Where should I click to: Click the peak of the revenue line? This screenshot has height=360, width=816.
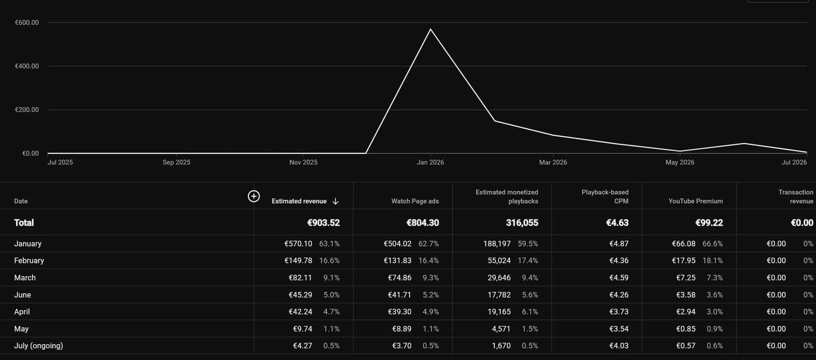click(x=431, y=29)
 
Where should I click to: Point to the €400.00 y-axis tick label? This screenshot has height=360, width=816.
click(x=27, y=66)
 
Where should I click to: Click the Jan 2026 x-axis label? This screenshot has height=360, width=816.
click(x=430, y=162)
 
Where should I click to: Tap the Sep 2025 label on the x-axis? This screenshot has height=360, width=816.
click(x=176, y=162)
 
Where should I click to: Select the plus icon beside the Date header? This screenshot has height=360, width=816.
click(x=254, y=196)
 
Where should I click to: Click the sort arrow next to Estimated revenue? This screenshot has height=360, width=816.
click(x=335, y=201)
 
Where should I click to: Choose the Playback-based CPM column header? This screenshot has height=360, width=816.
click(x=605, y=196)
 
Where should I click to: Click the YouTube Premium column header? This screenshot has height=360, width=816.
click(x=695, y=201)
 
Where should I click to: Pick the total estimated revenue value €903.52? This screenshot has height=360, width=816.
click(x=323, y=223)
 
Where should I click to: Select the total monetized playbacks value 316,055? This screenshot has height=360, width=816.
click(x=522, y=223)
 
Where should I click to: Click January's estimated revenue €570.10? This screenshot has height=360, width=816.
click(x=298, y=244)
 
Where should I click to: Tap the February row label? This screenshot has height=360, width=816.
click(x=29, y=261)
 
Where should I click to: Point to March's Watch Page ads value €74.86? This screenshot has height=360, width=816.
click(x=399, y=278)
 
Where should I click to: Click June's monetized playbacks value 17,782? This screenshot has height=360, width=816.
click(x=499, y=295)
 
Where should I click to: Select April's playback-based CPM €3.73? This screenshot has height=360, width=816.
click(x=619, y=312)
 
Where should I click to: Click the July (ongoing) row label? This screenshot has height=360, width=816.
click(x=38, y=346)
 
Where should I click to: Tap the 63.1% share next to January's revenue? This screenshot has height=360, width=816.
click(x=329, y=244)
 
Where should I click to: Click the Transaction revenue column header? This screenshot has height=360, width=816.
click(x=796, y=196)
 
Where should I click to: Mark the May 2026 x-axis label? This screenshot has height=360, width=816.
click(x=680, y=162)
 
